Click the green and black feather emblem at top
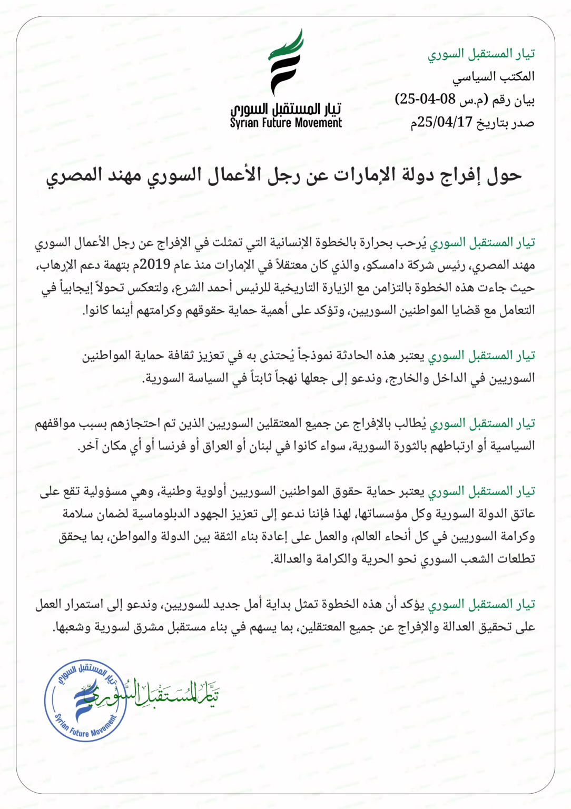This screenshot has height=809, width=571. (286, 62)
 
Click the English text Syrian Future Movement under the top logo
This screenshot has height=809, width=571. (286, 123)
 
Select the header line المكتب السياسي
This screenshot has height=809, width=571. (493, 77)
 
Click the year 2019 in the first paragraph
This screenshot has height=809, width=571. (155, 265)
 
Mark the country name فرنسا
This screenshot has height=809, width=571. (174, 446)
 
